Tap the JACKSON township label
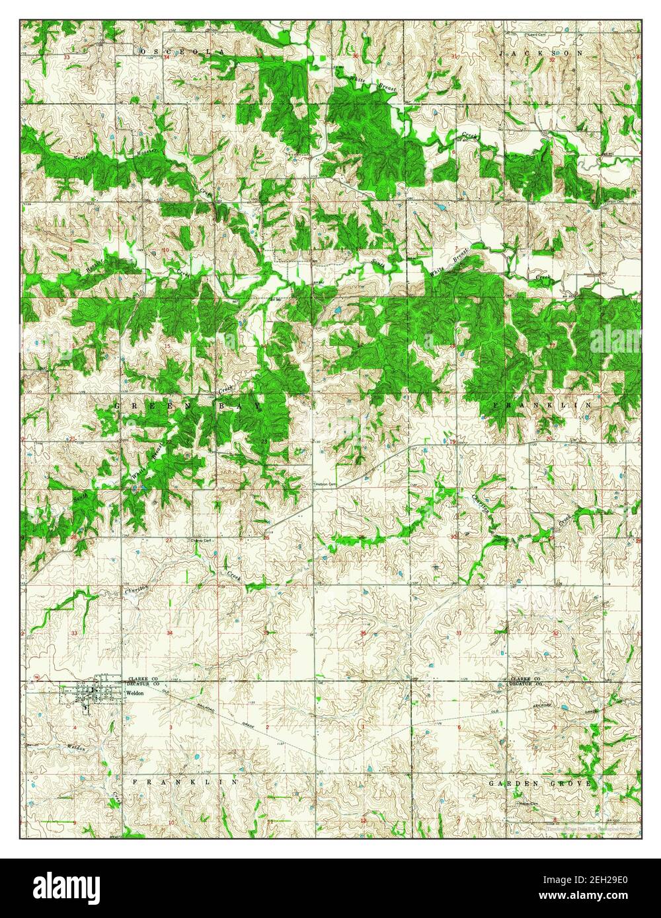(541, 52)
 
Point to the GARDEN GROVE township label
(539, 783)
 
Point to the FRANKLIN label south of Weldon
(184, 781)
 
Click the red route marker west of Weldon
(38, 677)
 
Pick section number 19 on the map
(453, 441)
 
